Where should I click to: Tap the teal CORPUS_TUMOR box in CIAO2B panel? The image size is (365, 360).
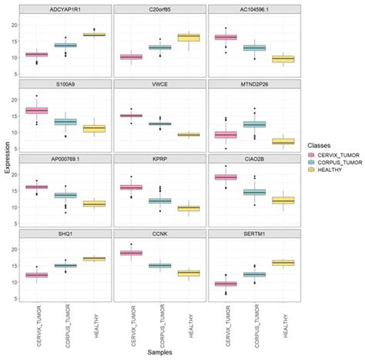point(254,192)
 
